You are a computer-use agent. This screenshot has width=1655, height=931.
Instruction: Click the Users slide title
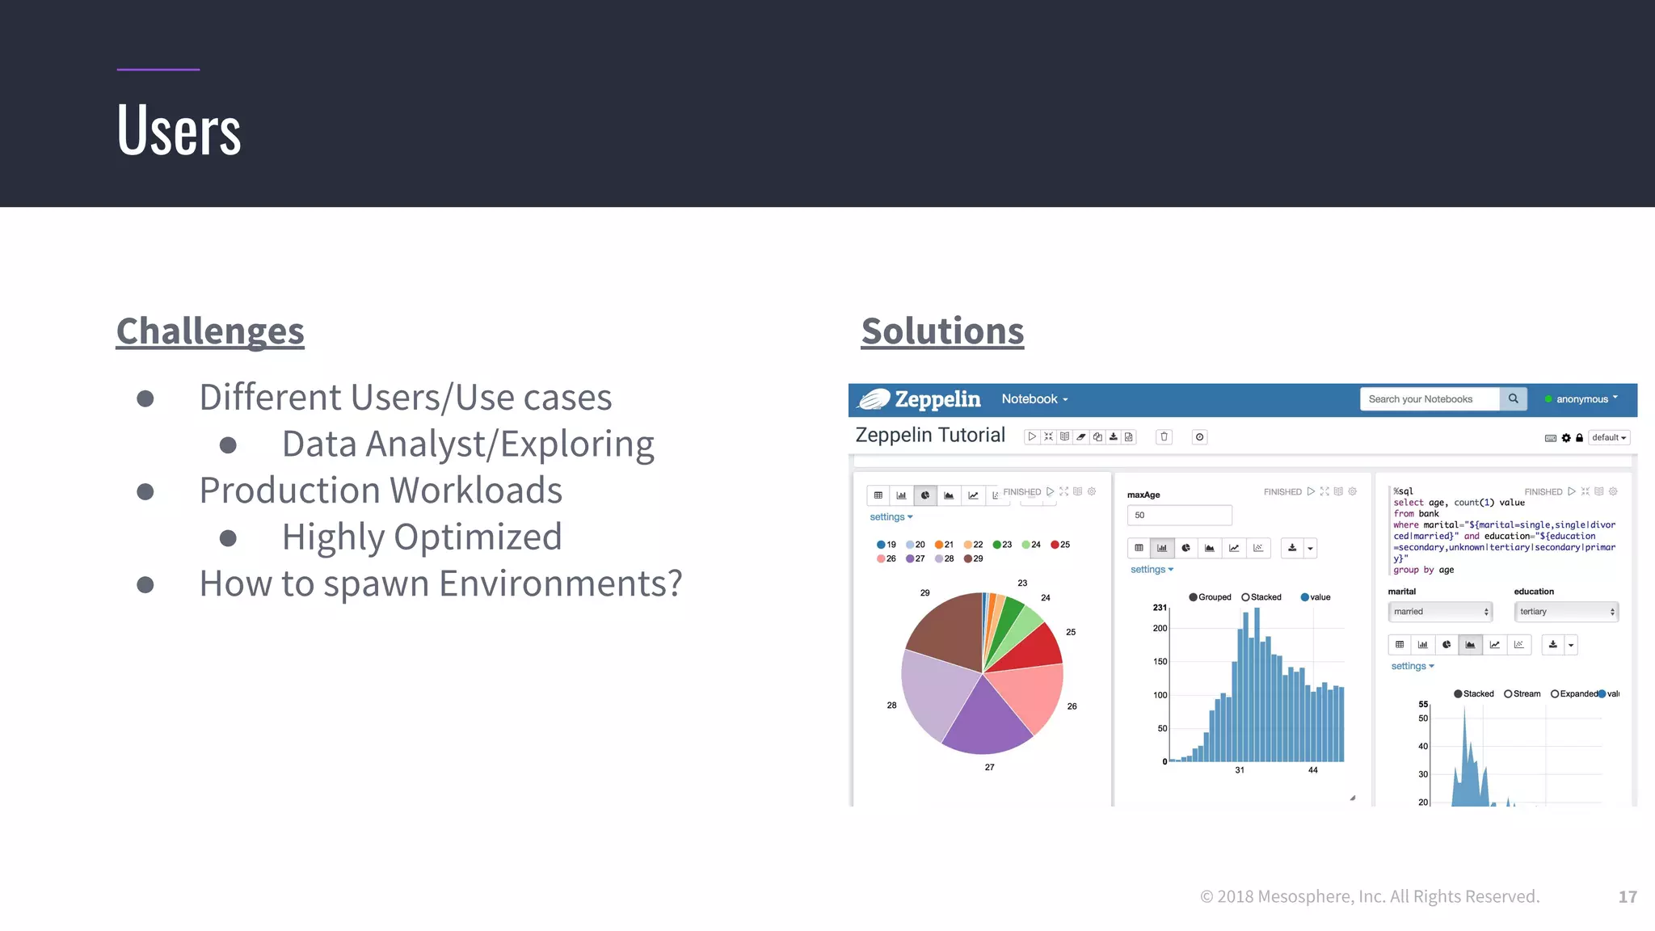179,131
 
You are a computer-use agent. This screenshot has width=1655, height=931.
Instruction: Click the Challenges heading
210,331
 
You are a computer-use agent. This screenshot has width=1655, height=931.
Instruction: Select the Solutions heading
942,331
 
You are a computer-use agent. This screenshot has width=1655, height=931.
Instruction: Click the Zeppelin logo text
937,399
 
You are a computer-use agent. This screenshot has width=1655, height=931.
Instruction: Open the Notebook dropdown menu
1034,399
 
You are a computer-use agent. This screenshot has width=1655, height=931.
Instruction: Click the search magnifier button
1513,399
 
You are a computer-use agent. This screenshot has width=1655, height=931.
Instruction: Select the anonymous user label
1581,399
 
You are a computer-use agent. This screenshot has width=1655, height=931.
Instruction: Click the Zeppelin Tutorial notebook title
930,436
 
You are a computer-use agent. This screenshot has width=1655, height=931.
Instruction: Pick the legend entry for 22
974,545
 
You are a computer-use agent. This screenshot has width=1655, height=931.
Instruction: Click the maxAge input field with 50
1179,515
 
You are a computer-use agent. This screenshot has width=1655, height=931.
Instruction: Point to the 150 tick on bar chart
1160,662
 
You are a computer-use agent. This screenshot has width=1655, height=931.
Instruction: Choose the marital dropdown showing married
1439,612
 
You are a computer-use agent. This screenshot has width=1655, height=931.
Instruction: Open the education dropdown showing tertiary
1565,612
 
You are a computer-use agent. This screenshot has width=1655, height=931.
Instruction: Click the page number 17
1628,897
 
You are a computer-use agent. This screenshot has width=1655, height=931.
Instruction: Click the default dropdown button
1608,438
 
